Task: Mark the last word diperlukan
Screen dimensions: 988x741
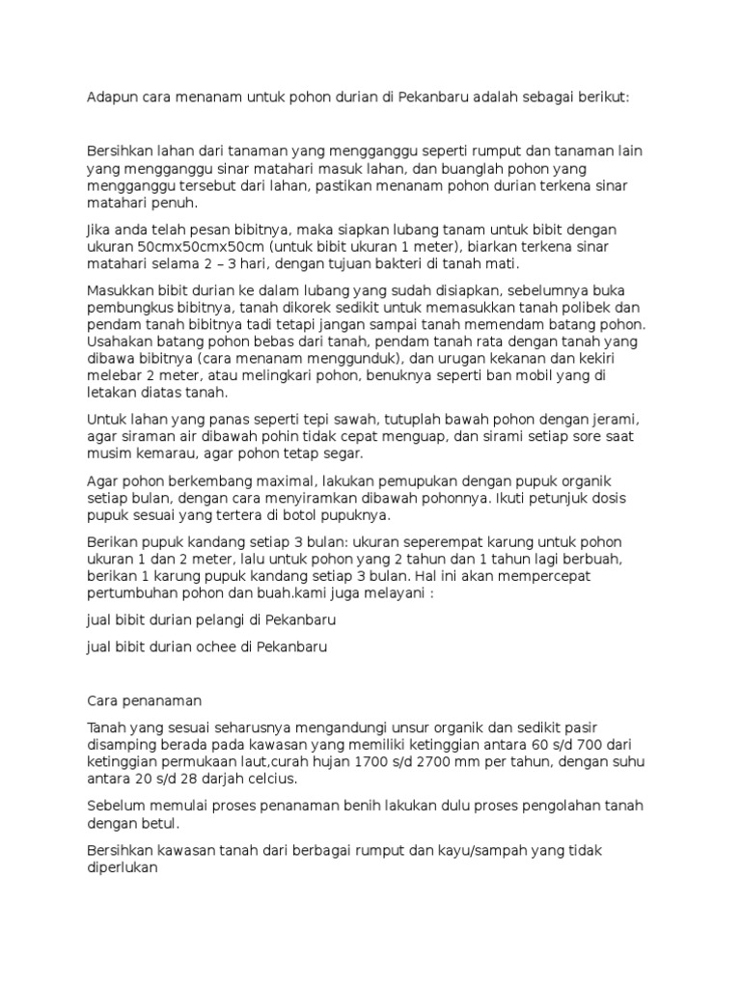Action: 123,866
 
